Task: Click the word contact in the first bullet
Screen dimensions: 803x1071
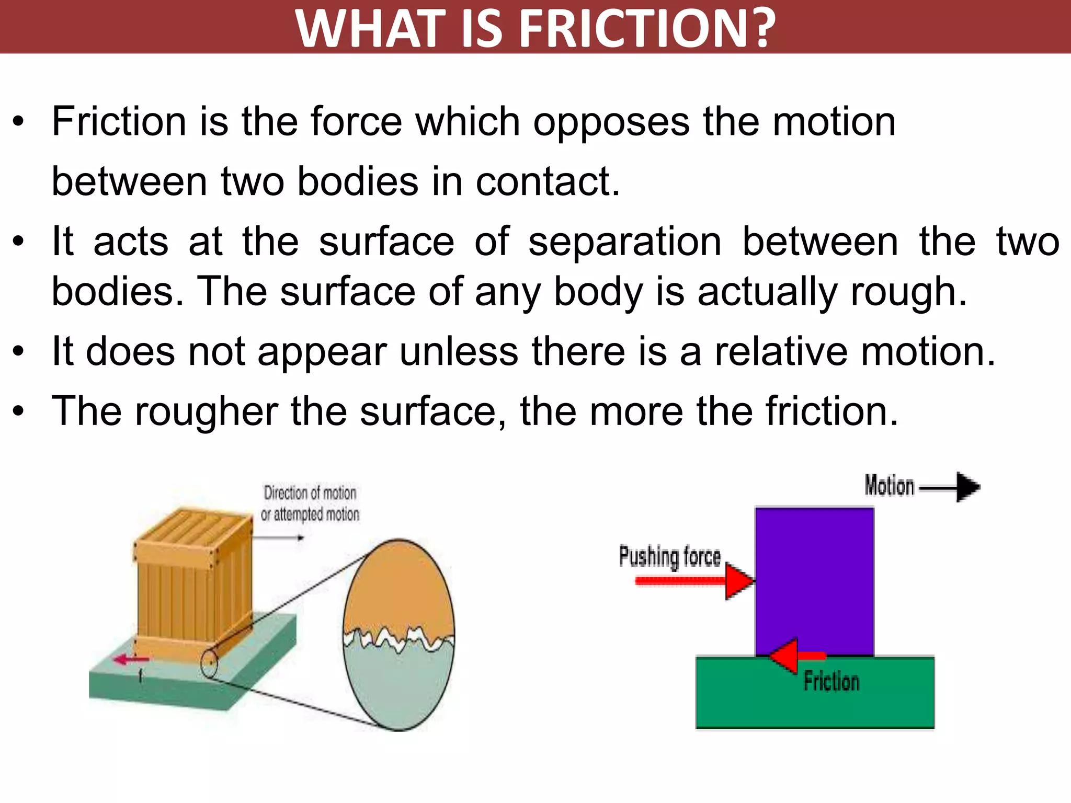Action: click(547, 181)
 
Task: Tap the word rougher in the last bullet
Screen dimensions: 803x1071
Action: click(207, 412)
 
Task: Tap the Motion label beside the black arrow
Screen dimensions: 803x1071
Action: click(889, 486)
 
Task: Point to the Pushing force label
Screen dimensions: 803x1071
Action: click(669, 556)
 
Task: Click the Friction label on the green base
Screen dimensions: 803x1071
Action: click(831, 682)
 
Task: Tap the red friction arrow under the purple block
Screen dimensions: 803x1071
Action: click(794, 656)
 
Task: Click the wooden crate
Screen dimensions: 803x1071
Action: click(193, 580)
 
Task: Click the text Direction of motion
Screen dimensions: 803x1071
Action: click(310, 493)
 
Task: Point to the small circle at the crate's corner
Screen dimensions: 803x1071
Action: click(209, 663)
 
